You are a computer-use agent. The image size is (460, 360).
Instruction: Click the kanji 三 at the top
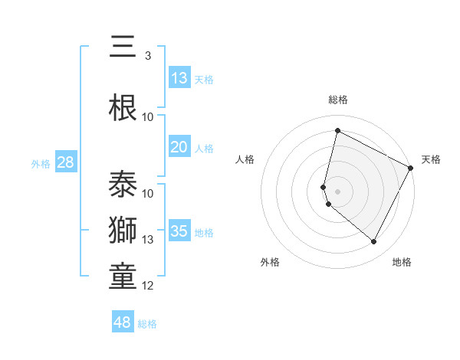point(123,47)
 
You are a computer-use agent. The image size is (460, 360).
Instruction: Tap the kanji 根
point(123,108)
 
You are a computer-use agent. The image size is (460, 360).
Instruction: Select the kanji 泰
point(123,185)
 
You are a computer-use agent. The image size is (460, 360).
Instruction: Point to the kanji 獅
point(123,231)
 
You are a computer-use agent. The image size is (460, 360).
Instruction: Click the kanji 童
point(123,277)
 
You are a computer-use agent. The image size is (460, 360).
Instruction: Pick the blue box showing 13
point(179,78)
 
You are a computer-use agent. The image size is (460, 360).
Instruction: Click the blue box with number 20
point(179,148)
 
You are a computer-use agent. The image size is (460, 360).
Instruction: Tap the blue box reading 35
point(179,231)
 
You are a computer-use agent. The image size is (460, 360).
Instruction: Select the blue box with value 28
point(65,162)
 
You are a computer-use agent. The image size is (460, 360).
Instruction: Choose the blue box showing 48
point(123,322)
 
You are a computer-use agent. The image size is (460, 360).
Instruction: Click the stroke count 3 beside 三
point(148,56)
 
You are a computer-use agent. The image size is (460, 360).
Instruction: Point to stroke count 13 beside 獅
point(148,240)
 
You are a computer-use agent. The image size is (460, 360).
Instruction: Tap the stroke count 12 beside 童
point(148,286)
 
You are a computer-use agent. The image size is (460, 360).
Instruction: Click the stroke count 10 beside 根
point(148,117)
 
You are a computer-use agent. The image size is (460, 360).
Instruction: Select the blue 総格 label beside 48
point(147,324)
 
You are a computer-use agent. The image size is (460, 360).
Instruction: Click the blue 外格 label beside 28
point(41,163)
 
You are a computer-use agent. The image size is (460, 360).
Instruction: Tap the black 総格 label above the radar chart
point(337,100)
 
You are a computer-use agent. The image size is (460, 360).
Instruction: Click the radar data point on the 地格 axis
point(373,242)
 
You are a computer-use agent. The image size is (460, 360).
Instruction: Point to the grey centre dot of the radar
point(337,191)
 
